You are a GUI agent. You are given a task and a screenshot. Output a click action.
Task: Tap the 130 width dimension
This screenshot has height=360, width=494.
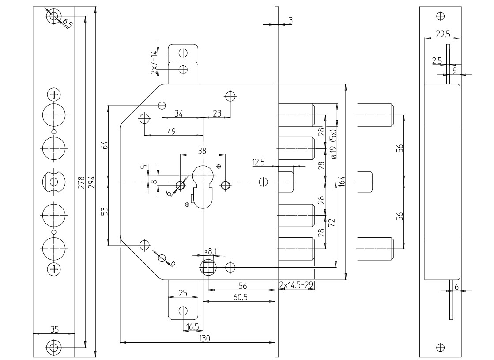(206, 338)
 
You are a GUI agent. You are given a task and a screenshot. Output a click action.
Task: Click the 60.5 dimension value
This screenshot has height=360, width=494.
(240, 297)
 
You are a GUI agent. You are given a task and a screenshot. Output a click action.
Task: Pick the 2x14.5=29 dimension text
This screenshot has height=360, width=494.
(296, 285)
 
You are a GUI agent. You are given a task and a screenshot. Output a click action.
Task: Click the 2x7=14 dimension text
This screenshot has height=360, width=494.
(154, 62)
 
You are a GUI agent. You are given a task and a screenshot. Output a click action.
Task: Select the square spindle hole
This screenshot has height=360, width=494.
(207, 267)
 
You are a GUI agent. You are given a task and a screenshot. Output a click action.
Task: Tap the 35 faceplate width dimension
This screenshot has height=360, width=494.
(55, 329)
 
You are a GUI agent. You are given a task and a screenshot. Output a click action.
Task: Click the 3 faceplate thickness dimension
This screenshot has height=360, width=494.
(291, 20)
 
